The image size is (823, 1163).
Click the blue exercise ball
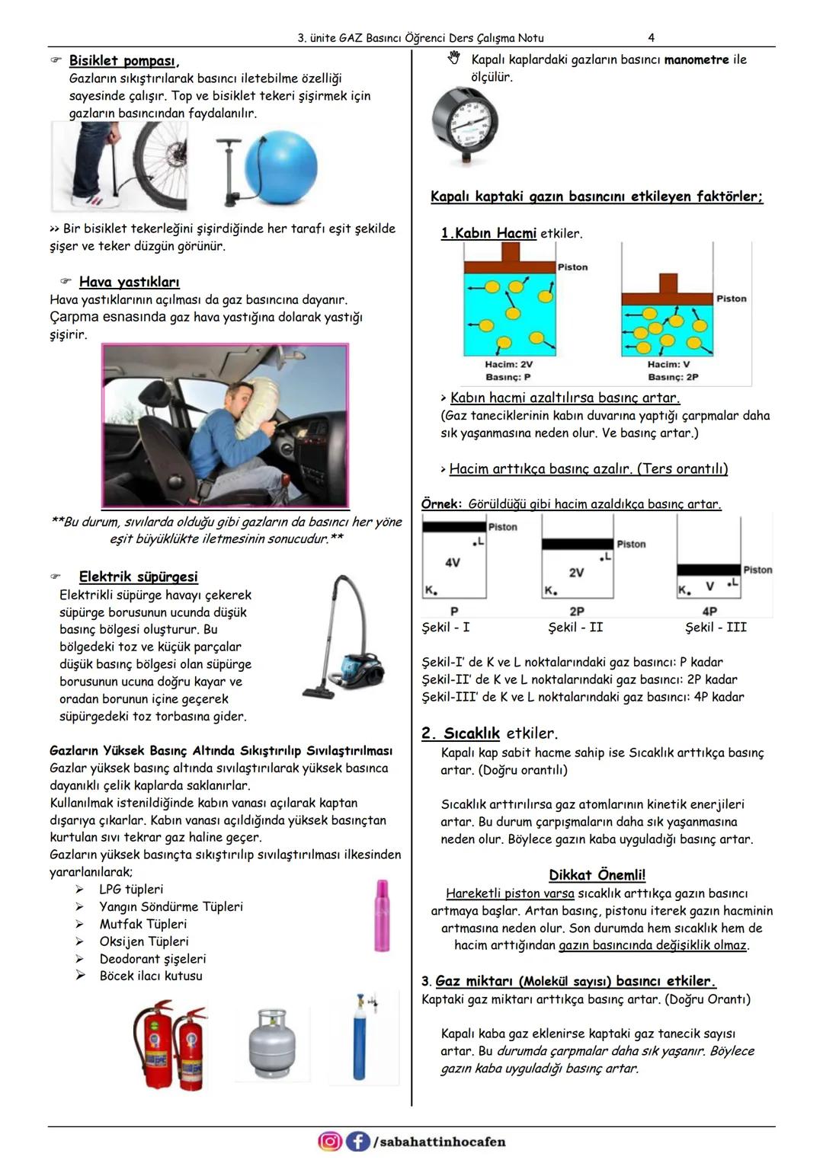coord(280,168)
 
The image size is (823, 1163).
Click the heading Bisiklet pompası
coord(123,61)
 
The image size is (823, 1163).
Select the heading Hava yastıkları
coord(129,282)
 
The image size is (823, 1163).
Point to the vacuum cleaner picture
coord(347,637)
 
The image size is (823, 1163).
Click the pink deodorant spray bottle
coord(382,915)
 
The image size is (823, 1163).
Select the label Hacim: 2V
coord(508,365)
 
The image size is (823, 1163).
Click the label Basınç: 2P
coord(673,377)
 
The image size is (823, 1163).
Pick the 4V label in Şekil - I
coord(452,563)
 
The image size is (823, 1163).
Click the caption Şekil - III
coord(716,628)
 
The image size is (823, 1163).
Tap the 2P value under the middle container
coord(577,612)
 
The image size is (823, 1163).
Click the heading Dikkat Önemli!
coord(597,875)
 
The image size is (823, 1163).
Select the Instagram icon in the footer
coord(330,1141)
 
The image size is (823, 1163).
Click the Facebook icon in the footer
coord(357,1141)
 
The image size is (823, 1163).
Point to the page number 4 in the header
coord(651,37)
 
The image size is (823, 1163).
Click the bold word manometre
coord(697,59)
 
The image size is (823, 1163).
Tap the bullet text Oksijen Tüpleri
coord(143,941)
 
